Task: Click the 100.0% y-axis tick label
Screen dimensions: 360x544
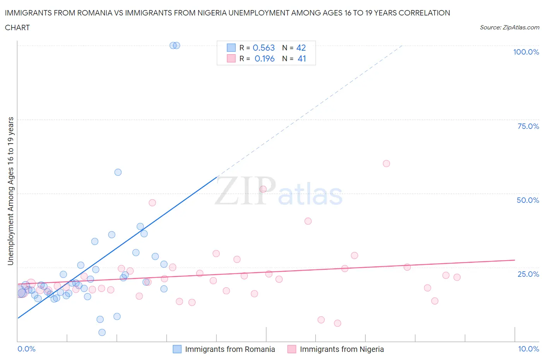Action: (526, 52)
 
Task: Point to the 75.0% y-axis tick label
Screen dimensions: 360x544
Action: (528, 126)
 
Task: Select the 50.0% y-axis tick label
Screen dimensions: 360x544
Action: (528, 200)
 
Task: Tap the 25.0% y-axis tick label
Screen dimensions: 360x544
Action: (528, 274)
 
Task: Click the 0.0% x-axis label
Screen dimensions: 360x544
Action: (26, 349)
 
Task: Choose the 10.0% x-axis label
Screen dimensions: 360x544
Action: (529, 349)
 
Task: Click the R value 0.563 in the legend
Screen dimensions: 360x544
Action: (263, 48)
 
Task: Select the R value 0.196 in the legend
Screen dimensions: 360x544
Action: (264, 58)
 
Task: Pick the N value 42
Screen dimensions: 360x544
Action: (301, 48)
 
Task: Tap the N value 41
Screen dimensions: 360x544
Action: (302, 58)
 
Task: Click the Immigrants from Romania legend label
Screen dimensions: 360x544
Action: (230, 349)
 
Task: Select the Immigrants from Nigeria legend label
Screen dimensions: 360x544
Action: (342, 349)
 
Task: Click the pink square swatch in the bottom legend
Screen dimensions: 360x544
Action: (292, 349)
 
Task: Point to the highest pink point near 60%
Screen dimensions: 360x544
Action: (386, 163)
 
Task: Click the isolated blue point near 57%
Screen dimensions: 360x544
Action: (118, 172)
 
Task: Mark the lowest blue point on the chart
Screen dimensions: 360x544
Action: (102, 332)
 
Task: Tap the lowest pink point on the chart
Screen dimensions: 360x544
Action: (337, 323)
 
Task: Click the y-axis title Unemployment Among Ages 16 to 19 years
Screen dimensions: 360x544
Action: (10, 191)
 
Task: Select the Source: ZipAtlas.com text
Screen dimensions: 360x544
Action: (509, 27)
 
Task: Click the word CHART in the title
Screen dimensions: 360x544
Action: (17, 27)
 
